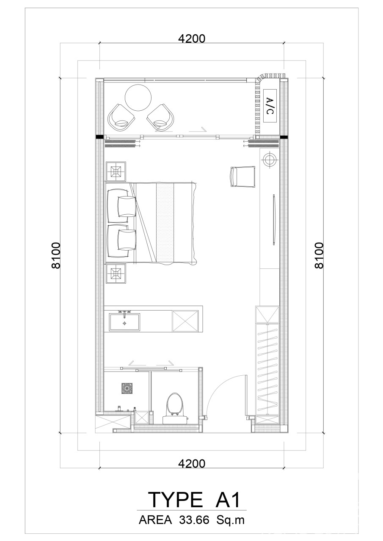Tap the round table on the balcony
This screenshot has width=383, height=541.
138,98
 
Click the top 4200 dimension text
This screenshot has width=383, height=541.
191,38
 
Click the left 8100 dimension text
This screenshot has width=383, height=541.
56,255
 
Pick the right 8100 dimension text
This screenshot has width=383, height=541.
319,255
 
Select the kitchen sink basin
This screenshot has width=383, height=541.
124,322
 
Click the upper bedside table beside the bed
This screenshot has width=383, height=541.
116,171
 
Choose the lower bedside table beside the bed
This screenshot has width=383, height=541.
116,273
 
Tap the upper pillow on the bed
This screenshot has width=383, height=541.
127,207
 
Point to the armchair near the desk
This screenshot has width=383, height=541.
243,177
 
